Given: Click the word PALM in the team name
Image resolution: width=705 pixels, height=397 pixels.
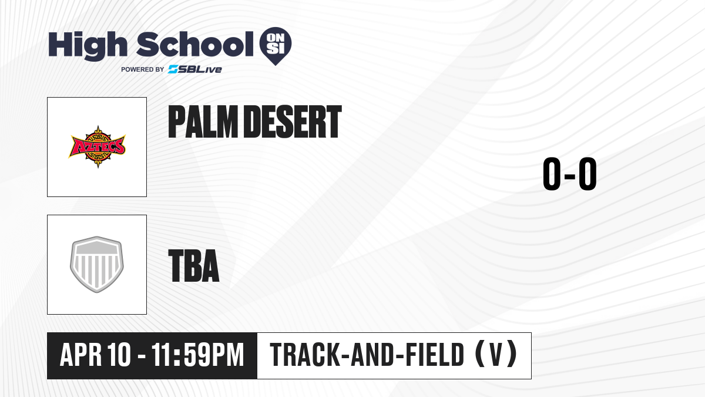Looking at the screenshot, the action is point(203,122).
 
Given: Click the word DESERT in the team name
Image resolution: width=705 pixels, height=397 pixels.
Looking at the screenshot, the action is point(293,122).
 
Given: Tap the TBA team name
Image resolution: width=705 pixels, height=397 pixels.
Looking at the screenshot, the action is point(194,265).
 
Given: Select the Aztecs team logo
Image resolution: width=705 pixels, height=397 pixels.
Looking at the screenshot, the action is point(97,147).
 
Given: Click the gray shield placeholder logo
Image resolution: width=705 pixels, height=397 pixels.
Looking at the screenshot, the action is point(97,264).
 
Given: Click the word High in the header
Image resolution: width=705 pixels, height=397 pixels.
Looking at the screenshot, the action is point(88,45).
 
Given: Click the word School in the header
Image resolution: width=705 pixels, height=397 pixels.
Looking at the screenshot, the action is point(195,44).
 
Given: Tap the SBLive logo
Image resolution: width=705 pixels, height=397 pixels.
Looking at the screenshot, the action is point(195,69).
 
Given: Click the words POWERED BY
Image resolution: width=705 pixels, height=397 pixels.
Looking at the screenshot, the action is point(143,69).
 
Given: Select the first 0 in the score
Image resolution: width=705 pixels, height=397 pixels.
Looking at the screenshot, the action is point(552,174).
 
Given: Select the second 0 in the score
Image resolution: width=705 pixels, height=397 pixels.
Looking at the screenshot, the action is point(587,174).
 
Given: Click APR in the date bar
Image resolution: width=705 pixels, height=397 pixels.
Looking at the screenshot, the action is point(80,355).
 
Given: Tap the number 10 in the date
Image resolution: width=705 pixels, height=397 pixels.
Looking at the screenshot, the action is point(119,355).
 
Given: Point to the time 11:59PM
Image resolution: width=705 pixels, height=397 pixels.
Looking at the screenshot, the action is point(197,355).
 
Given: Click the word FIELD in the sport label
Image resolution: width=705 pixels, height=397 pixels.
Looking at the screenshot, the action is point(435,355).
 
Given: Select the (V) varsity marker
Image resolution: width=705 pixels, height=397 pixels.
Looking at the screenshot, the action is point(496,354).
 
